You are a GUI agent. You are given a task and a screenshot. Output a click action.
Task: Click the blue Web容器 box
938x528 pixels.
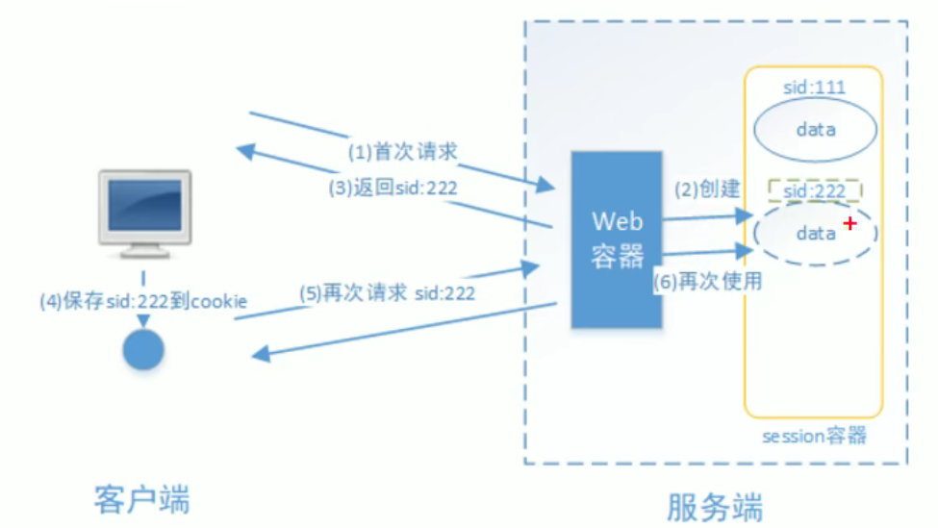coord(617,239)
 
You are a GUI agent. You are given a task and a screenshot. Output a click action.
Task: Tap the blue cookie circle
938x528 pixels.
coord(143,350)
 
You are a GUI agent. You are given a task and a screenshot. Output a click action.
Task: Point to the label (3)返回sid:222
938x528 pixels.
coord(393,189)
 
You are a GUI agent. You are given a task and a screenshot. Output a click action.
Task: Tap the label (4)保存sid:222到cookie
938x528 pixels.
coord(143,301)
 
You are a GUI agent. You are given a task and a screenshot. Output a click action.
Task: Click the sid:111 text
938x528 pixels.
coord(814,88)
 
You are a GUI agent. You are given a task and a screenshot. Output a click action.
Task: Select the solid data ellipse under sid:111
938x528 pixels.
coord(815,129)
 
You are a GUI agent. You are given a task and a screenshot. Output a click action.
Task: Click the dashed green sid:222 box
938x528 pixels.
coord(814,190)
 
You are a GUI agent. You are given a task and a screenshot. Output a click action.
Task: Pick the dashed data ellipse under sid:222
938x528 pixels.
coord(815,234)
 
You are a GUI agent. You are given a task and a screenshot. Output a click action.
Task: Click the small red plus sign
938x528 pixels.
coord(849,224)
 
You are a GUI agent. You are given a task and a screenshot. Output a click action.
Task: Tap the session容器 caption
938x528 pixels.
coord(815,437)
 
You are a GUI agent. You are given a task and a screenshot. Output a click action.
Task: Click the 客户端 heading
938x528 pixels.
coord(142,499)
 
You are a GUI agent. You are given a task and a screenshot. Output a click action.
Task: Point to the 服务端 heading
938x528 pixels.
coord(715,505)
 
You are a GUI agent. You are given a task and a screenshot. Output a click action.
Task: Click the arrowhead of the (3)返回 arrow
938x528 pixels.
coord(244,151)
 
